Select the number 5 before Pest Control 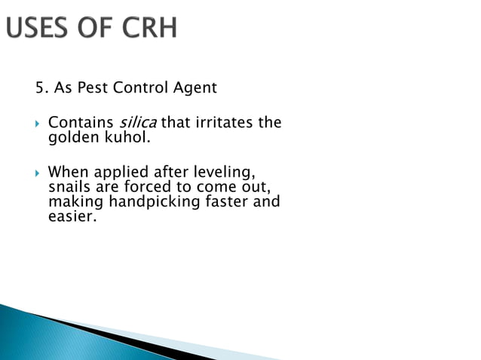tap(39, 88)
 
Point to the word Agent tap(195, 88)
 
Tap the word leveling tap(219, 172)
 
